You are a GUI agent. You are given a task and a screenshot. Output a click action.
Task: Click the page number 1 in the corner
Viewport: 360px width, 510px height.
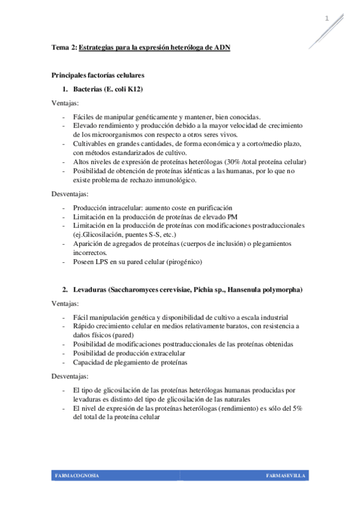(327, 19)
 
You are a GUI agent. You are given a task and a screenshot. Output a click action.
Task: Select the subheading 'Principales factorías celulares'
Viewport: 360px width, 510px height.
(97, 76)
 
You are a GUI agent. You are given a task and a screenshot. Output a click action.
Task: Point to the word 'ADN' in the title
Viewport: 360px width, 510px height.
(222, 47)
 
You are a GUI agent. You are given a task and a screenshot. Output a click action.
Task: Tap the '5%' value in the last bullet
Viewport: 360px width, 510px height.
(296, 408)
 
